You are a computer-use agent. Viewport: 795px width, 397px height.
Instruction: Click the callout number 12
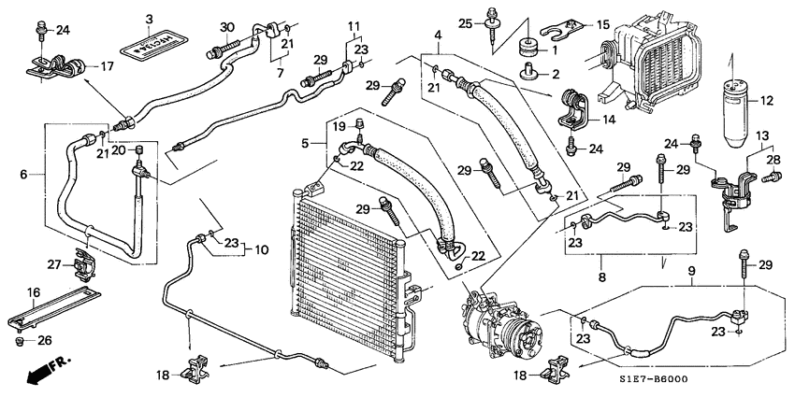click(766, 101)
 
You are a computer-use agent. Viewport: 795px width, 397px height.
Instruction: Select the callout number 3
click(149, 20)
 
